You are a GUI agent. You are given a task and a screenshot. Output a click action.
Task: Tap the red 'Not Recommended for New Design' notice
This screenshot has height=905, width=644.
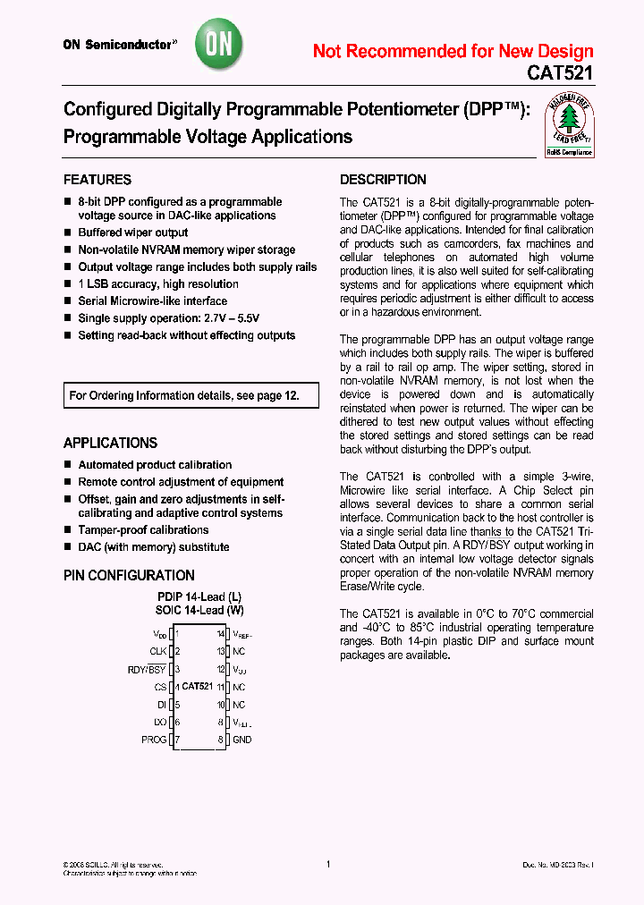coord(453,51)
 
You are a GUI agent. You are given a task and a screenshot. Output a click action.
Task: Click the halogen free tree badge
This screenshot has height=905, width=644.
coord(569,125)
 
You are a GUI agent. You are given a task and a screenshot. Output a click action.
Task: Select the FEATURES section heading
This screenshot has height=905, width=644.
coord(97,180)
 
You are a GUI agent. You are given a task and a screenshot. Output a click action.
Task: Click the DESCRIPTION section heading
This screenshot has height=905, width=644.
coord(383,180)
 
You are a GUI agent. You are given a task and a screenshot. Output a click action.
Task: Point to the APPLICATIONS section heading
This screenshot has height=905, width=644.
coord(110,443)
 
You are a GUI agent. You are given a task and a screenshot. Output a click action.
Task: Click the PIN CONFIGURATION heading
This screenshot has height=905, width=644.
coord(129,576)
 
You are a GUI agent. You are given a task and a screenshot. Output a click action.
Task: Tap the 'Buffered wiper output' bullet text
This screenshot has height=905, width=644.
coord(133,233)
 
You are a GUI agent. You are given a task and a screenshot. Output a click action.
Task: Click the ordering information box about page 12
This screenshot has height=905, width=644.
coord(191,395)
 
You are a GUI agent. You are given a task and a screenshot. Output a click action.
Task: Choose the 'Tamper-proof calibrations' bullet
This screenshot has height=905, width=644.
coord(143,530)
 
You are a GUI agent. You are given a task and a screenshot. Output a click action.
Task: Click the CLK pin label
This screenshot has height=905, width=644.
coord(158,652)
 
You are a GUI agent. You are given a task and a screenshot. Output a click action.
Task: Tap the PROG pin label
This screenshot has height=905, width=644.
coord(154,740)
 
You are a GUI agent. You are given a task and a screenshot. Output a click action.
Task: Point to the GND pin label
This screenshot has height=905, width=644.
coord(241,740)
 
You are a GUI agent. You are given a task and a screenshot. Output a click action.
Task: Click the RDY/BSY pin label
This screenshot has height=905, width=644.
coord(147,669)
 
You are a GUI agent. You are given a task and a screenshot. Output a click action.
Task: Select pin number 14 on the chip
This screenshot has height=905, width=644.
coord(220,634)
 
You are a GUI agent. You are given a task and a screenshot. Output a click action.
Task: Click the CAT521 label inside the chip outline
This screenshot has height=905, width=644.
coord(198,687)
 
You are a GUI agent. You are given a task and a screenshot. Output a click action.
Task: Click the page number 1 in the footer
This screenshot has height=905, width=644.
coord(328,864)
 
